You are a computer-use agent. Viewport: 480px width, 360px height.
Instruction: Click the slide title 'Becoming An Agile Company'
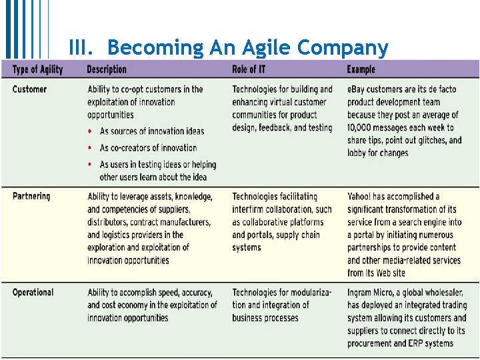(247, 48)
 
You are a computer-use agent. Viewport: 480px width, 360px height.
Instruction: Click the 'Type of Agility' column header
(37, 69)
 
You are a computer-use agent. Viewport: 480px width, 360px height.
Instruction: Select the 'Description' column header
(107, 69)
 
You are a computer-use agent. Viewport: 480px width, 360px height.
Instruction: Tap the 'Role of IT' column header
(249, 69)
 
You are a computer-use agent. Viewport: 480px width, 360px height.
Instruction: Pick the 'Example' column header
(361, 69)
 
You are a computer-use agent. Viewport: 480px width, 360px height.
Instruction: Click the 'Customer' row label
(30, 89)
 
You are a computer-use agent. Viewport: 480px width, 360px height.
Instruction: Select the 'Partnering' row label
(31, 196)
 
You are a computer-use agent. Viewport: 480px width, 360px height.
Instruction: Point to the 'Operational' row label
(33, 292)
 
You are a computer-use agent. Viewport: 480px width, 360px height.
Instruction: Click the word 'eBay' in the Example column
(356, 89)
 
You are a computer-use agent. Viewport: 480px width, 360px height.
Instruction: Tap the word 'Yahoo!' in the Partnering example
(361, 197)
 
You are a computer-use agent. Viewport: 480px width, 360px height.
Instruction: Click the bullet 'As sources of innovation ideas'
(152, 131)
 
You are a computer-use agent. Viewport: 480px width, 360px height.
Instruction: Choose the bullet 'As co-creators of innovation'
(148, 147)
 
